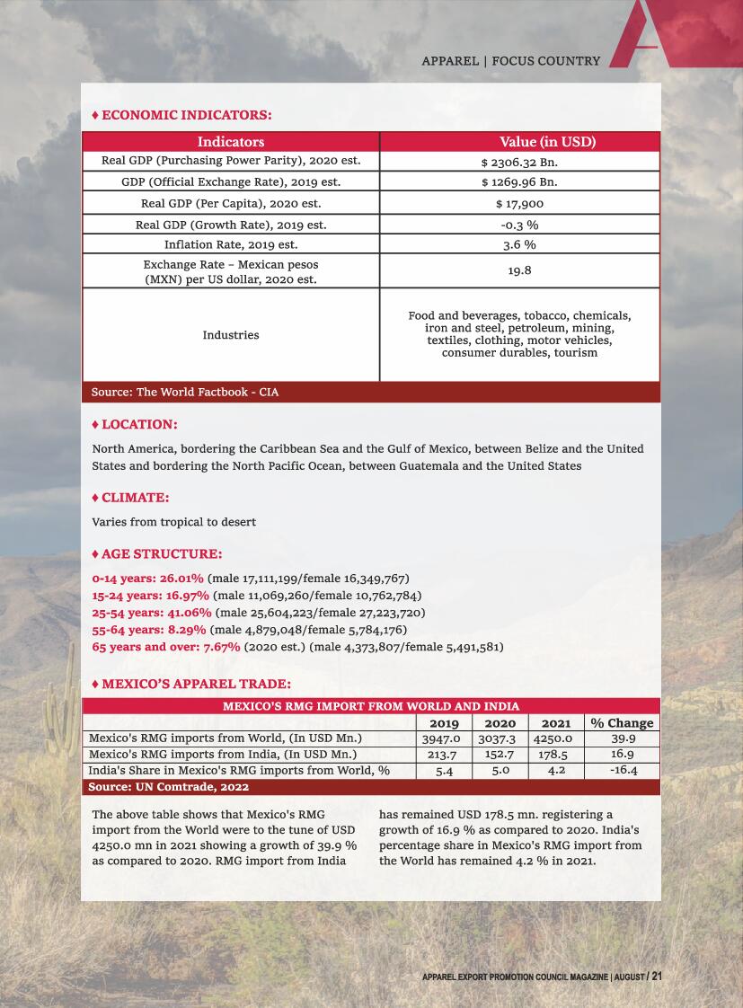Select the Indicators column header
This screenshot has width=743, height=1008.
pyautogui.click(x=231, y=142)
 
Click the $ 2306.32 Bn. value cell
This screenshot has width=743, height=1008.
pyautogui.click(x=519, y=162)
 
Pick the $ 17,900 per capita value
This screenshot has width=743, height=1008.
pyautogui.click(x=519, y=204)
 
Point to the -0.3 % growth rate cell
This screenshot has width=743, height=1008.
pyautogui.click(x=519, y=225)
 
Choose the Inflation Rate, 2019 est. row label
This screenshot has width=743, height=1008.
pyautogui.click(x=231, y=244)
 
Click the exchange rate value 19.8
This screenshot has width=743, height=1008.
pyautogui.click(x=519, y=270)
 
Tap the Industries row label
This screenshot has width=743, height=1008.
pyautogui.click(x=231, y=335)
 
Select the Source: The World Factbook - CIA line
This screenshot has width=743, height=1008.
pyautogui.click(x=185, y=393)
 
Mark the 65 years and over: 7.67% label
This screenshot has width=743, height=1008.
pyautogui.click(x=166, y=647)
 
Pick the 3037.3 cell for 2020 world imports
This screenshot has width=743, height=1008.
pyautogui.click(x=500, y=739)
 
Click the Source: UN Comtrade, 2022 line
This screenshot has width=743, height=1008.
pyautogui.click(x=169, y=787)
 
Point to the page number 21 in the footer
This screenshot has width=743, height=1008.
pyautogui.click(x=657, y=977)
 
